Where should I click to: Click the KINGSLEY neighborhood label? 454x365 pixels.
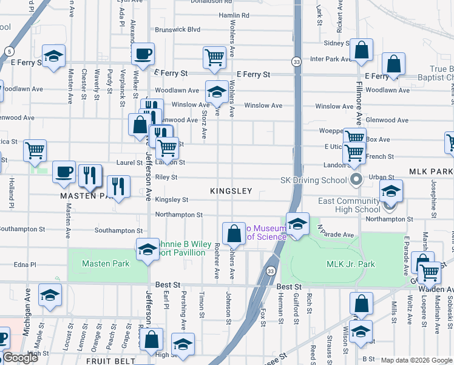[x=231, y=191]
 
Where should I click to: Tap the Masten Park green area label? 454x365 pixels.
[x=97, y=263]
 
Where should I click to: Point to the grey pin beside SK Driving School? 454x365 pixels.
[x=357, y=180]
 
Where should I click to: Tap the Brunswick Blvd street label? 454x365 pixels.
[x=177, y=29]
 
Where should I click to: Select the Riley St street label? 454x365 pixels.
[x=166, y=178]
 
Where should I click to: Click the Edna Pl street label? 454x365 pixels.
[x=25, y=265]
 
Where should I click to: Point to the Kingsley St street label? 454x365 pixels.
[x=171, y=200]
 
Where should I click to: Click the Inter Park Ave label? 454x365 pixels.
[x=331, y=60]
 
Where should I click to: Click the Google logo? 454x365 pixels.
[x=21, y=358]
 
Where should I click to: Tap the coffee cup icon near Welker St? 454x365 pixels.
[x=143, y=54]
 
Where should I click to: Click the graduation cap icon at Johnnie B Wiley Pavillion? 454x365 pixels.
[x=147, y=249]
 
